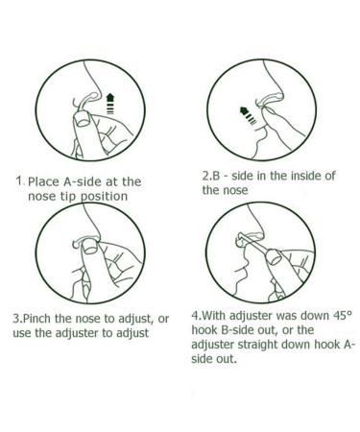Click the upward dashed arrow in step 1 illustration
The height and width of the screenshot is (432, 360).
coord(109,104)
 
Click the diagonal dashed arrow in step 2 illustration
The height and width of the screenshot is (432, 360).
coord(248,115)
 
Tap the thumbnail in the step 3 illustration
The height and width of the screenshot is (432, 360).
coord(90,248)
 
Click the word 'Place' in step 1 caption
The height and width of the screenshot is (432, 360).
coord(43,181)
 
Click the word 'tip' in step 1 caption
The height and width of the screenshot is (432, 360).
coord(67,197)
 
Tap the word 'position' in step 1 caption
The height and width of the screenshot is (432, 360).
coord(103,197)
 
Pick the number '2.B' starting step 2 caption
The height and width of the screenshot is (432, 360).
coord(211,176)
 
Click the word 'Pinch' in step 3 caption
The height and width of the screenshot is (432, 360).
coord(37,319)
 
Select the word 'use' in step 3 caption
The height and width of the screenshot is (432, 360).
coord(22,333)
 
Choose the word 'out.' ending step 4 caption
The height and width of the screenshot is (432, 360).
coord(227,359)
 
